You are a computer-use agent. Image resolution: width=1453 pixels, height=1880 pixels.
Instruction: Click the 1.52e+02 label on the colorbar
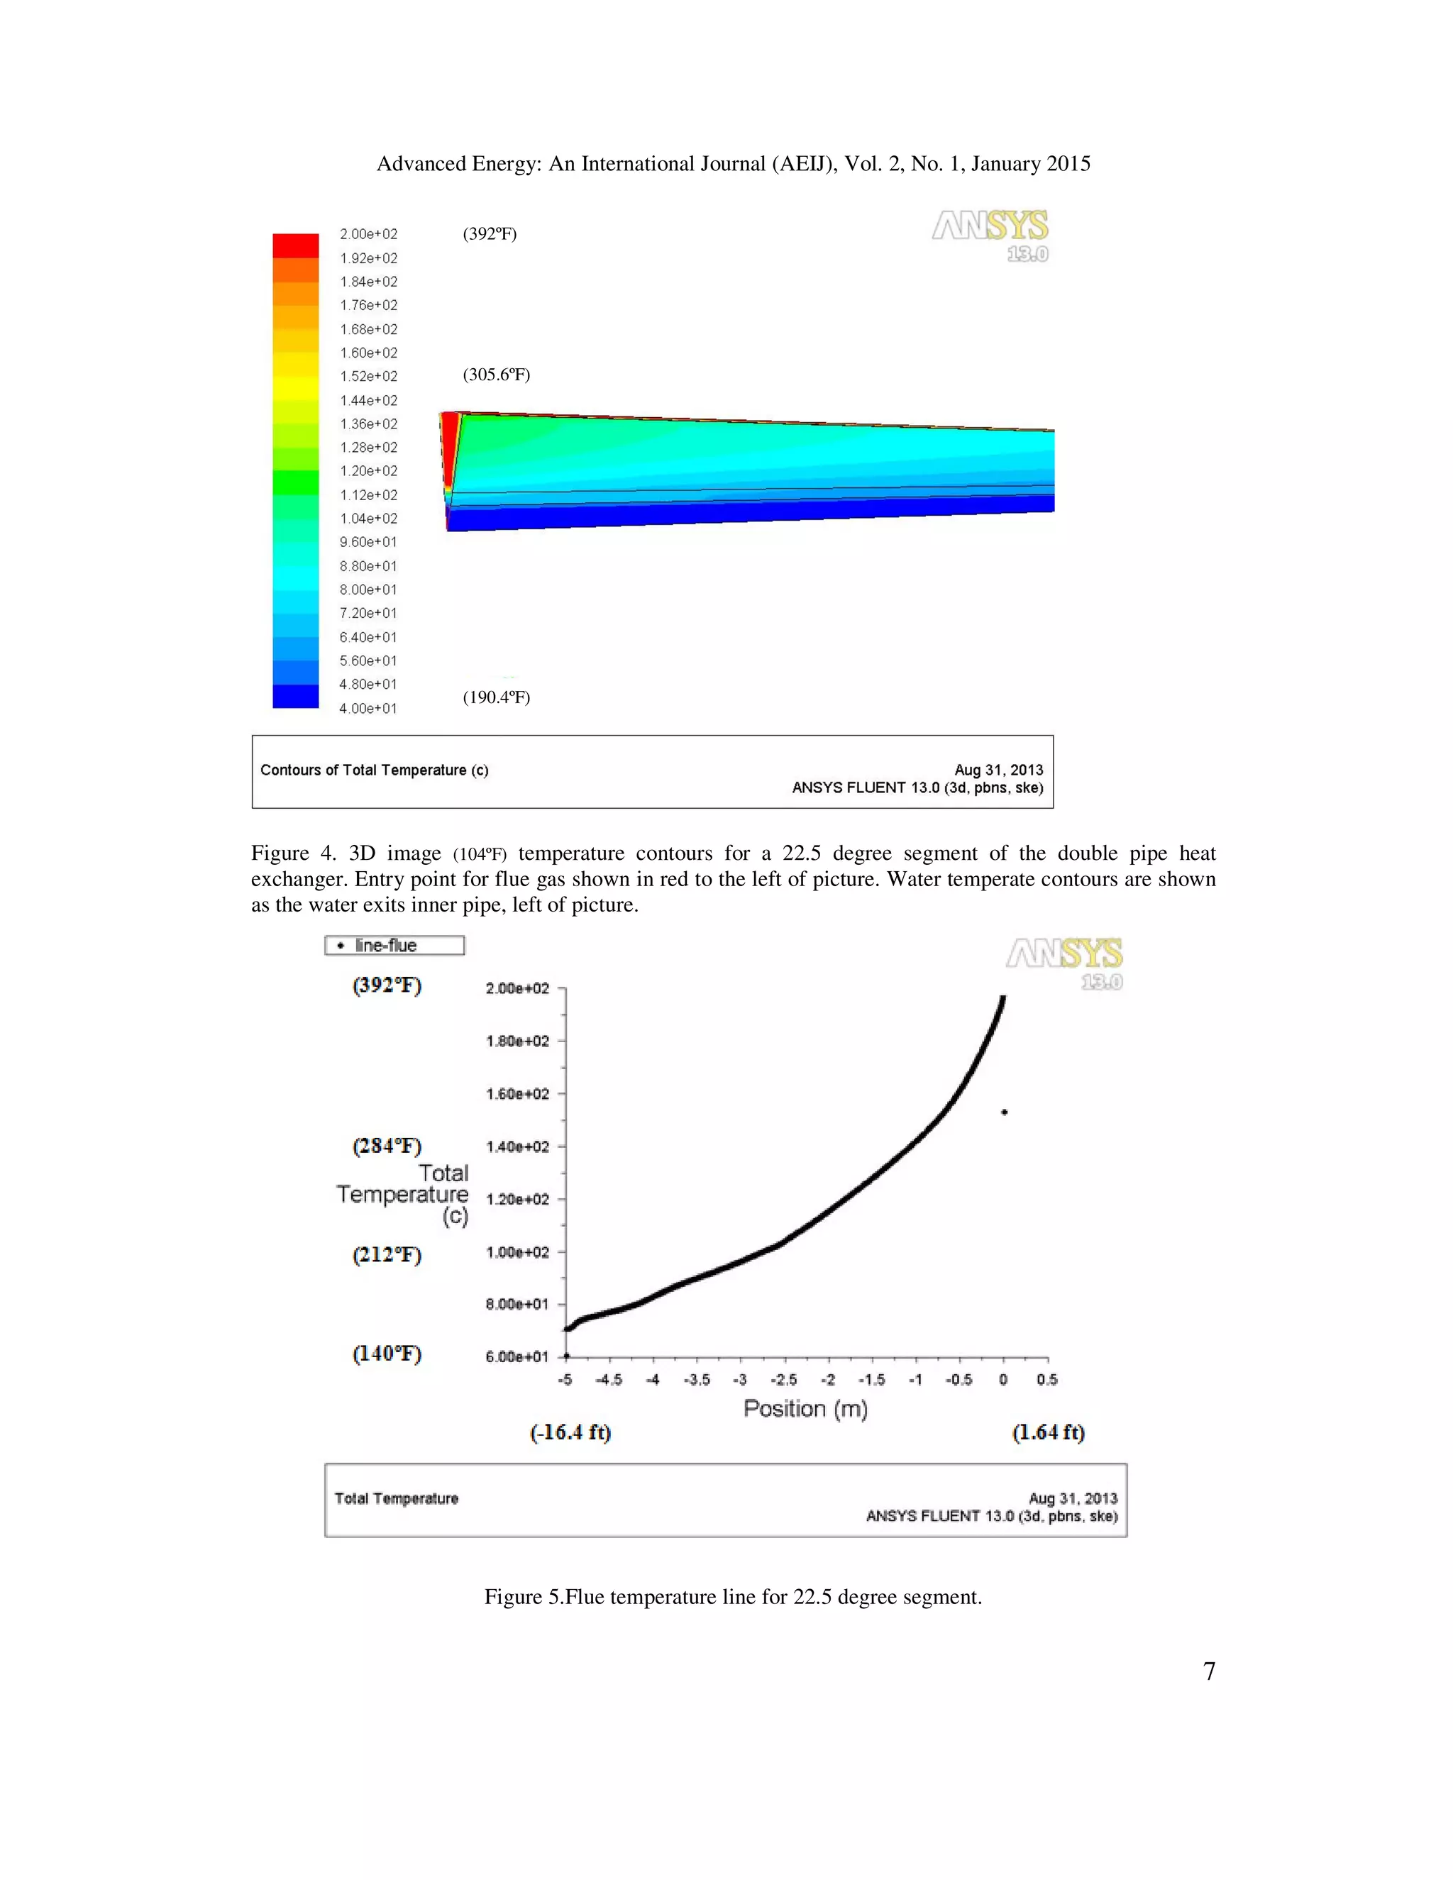[368, 376]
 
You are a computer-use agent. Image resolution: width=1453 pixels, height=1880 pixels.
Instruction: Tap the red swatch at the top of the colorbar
[295, 245]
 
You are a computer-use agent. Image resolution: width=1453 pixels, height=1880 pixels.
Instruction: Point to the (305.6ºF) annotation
[496, 375]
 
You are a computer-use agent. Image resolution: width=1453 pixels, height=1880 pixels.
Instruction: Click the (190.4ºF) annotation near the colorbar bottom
[496, 697]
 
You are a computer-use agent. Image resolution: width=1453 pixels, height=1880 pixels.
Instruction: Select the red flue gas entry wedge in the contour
[449, 448]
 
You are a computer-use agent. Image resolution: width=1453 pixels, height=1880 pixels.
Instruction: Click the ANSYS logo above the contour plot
[990, 234]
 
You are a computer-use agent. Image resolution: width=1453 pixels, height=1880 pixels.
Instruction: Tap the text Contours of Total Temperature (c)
[375, 770]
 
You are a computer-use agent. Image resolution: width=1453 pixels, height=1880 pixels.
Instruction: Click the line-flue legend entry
[394, 945]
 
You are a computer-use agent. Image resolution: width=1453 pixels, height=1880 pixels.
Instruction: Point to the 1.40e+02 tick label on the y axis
[516, 1146]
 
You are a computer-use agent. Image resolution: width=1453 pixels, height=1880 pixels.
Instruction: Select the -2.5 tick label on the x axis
[783, 1380]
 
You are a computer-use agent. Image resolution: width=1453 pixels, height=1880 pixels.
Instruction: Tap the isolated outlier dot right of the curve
[1005, 1112]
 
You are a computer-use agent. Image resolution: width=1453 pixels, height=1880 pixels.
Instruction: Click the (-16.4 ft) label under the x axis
[570, 1432]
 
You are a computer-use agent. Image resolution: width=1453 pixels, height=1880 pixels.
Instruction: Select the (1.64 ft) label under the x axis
[1048, 1432]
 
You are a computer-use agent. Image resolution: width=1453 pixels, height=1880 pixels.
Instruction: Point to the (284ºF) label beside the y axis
[387, 1146]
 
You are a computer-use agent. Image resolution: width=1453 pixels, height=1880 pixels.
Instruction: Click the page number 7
[1208, 1671]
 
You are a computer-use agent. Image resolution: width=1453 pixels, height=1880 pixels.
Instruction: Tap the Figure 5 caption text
[732, 1597]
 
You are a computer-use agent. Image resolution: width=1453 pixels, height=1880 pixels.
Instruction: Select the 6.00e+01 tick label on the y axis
[516, 1356]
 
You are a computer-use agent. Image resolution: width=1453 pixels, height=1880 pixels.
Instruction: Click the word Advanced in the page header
[421, 164]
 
